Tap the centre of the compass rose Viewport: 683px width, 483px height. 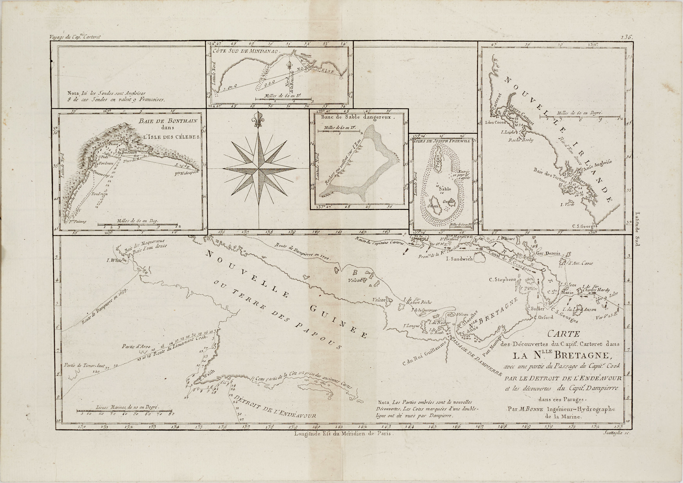tap(258, 169)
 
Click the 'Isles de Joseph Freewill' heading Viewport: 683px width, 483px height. tap(442, 141)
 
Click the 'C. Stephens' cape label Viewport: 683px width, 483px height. tap(503, 279)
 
